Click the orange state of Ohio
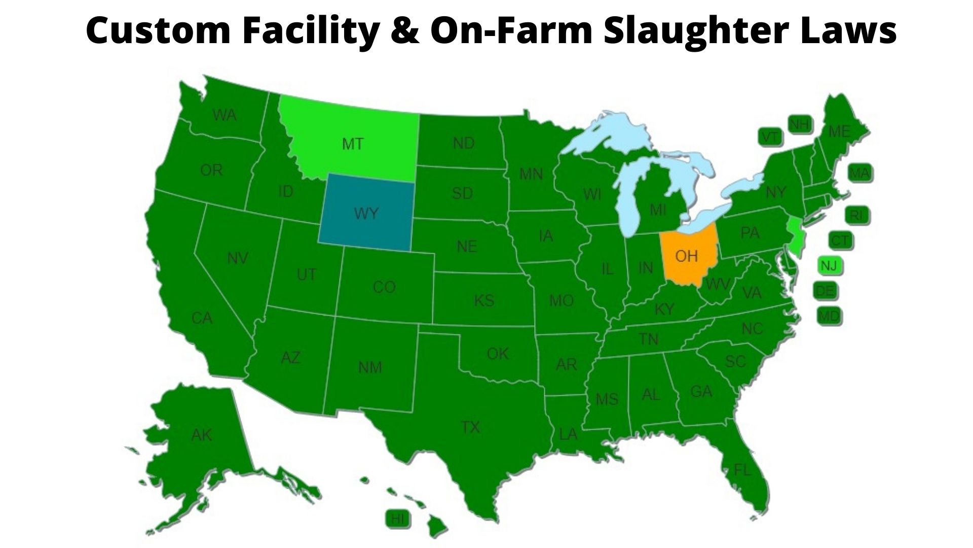tap(687, 256)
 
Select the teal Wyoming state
tap(366, 213)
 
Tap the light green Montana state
tap(353, 144)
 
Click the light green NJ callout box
tap(829, 265)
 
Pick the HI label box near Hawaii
tap(398, 519)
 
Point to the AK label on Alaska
tap(202, 435)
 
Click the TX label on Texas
tap(470, 427)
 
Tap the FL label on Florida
tap(742, 470)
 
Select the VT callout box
tap(770, 137)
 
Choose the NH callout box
tap(800, 124)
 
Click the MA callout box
tap(859, 174)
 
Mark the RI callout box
tap(856, 216)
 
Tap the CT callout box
tap(840, 240)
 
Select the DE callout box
tap(825, 291)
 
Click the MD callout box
tap(829, 317)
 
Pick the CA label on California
tap(202, 318)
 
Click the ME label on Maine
tap(839, 132)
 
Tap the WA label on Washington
tap(224, 116)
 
